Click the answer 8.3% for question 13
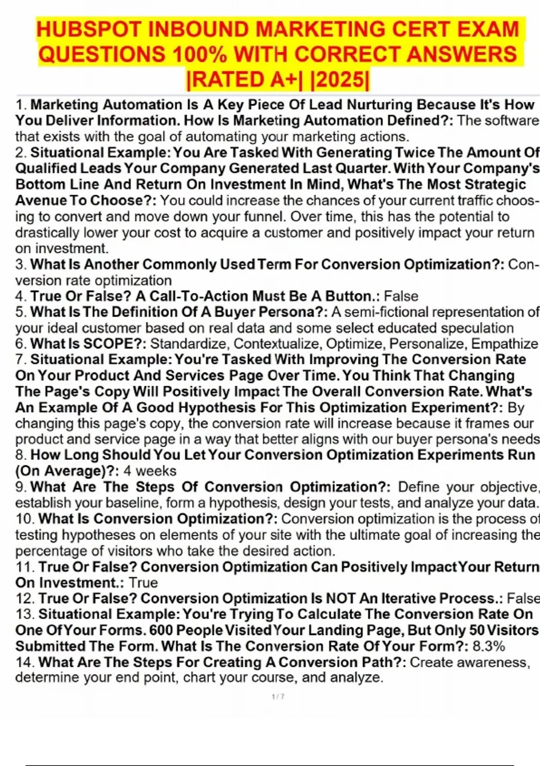click(489, 646)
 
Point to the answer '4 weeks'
click(150, 471)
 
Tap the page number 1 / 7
click(278, 697)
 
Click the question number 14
click(25, 662)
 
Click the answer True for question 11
click(143, 583)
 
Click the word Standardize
click(189, 344)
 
